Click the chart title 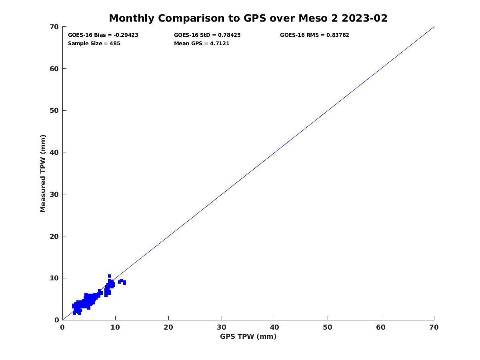click(248, 18)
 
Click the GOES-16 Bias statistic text click(103, 35)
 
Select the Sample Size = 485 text click(94, 44)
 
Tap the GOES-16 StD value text click(207, 35)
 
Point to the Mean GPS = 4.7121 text click(202, 44)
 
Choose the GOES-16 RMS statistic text click(314, 35)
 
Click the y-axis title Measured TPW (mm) click(43, 173)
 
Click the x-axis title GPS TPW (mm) click(248, 336)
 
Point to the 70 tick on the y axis click(55, 27)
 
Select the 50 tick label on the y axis click(55, 111)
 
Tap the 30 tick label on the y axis click(55, 194)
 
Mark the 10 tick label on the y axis click(55, 278)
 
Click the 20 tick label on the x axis click(168, 327)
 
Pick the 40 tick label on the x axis click(275, 327)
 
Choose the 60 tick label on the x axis click(381, 327)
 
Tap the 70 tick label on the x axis click(434, 327)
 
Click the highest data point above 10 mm click(109, 276)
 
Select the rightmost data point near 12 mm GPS click(124, 283)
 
